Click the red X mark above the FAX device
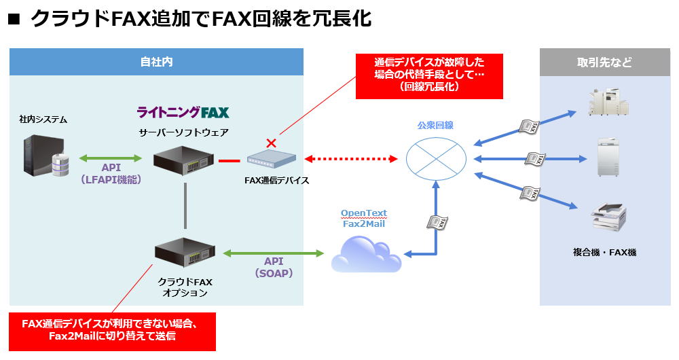pyautogui.click(x=271, y=143)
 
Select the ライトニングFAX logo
pyautogui.click(x=183, y=112)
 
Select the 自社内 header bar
pyautogui.click(x=156, y=62)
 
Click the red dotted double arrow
pyautogui.click(x=350, y=159)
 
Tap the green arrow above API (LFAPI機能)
pyautogui.click(x=111, y=158)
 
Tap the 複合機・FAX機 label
pyautogui.click(x=604, y=253)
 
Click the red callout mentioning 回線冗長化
pyautogui.click(x=429, y=75)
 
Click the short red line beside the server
pyautogui.click(x=229, y=161)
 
